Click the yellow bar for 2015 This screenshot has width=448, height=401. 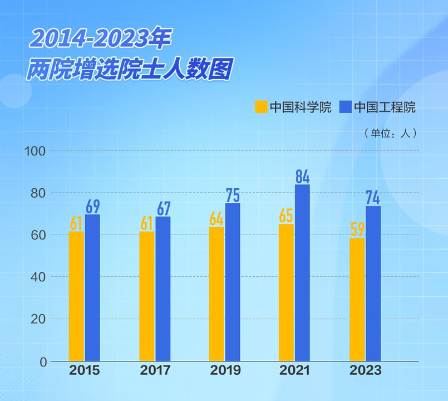(76, 296)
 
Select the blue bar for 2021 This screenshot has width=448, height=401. (302, 272)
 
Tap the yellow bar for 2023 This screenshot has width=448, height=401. (357, 299)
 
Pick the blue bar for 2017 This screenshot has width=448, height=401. (163, 288)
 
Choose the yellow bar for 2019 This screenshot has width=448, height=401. (216, 294)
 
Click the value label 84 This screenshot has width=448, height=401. (302, 177)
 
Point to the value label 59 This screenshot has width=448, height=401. (357, 229)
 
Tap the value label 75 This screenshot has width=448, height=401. (233, 195)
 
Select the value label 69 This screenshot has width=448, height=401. (92, 207)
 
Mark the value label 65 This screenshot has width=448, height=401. (286, 216)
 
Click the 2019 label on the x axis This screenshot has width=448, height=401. (225, 371)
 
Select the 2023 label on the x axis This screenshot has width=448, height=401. (366, 371)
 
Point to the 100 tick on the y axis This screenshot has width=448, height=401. (35, 151)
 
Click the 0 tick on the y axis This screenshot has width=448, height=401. (42, 361)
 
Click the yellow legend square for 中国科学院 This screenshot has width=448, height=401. (261, 107)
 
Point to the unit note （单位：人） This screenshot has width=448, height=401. (390, 134)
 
